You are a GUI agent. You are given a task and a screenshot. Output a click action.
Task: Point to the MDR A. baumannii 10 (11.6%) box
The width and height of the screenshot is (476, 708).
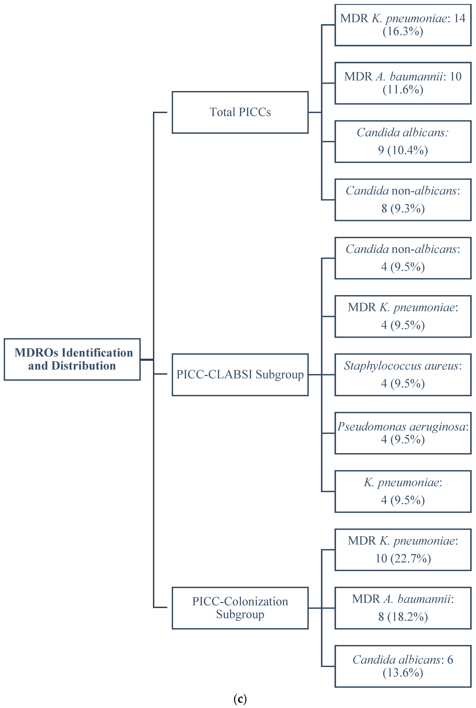tap(403, 83)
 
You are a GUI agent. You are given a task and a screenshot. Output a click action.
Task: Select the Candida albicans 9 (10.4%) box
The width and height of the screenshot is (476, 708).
tap(403, 141)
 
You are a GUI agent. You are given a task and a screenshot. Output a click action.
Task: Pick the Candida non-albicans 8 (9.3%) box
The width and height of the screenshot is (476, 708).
tap(403, 200)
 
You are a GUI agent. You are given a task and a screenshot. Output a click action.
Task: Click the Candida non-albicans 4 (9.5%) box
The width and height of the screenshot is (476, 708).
tap(403, 258)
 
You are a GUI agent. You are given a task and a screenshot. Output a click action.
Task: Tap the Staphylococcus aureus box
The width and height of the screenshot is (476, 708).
tap(403, 375)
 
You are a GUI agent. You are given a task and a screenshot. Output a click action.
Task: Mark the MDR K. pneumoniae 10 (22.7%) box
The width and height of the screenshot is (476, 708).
tap(403, 550)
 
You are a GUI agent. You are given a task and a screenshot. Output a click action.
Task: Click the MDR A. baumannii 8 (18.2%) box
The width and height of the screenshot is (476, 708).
tap(403, 608)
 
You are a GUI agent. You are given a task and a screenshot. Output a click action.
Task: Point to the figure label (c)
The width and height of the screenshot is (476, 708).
tap(240, 699)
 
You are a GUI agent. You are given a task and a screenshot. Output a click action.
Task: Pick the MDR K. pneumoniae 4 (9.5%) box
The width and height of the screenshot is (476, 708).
tap(403, 316)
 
